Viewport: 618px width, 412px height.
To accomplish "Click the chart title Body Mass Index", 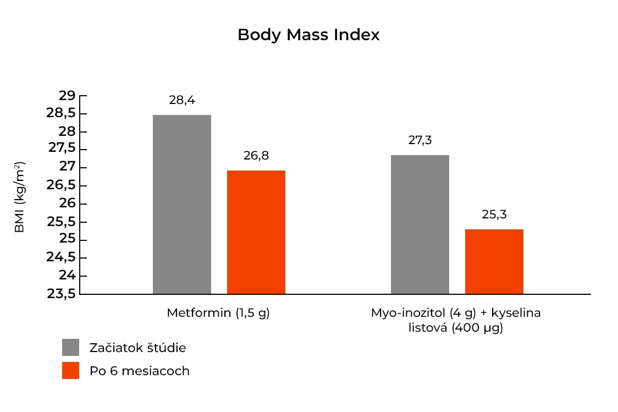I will pos(308,35).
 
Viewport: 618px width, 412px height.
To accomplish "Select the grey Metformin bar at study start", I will pos(181,204).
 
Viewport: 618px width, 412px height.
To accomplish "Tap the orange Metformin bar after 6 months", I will pos(256,232).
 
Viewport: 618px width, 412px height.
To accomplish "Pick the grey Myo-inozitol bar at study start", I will pos(420,224).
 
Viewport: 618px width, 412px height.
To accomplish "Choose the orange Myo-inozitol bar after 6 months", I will pos(494,261).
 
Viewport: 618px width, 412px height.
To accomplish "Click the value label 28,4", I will pos(182,100).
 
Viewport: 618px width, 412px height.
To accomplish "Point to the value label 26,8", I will pos(256,156).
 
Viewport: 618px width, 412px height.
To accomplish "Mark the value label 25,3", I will pos(494,215).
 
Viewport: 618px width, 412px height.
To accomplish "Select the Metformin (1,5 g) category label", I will pos(218,314).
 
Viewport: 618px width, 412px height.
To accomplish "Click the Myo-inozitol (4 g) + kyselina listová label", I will pos(456,321).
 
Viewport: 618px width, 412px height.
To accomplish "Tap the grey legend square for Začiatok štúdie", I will pos(70,348).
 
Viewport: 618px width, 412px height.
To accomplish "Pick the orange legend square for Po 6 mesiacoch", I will pos(70,371).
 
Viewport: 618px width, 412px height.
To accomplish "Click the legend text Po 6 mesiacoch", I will pos(140,371).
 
